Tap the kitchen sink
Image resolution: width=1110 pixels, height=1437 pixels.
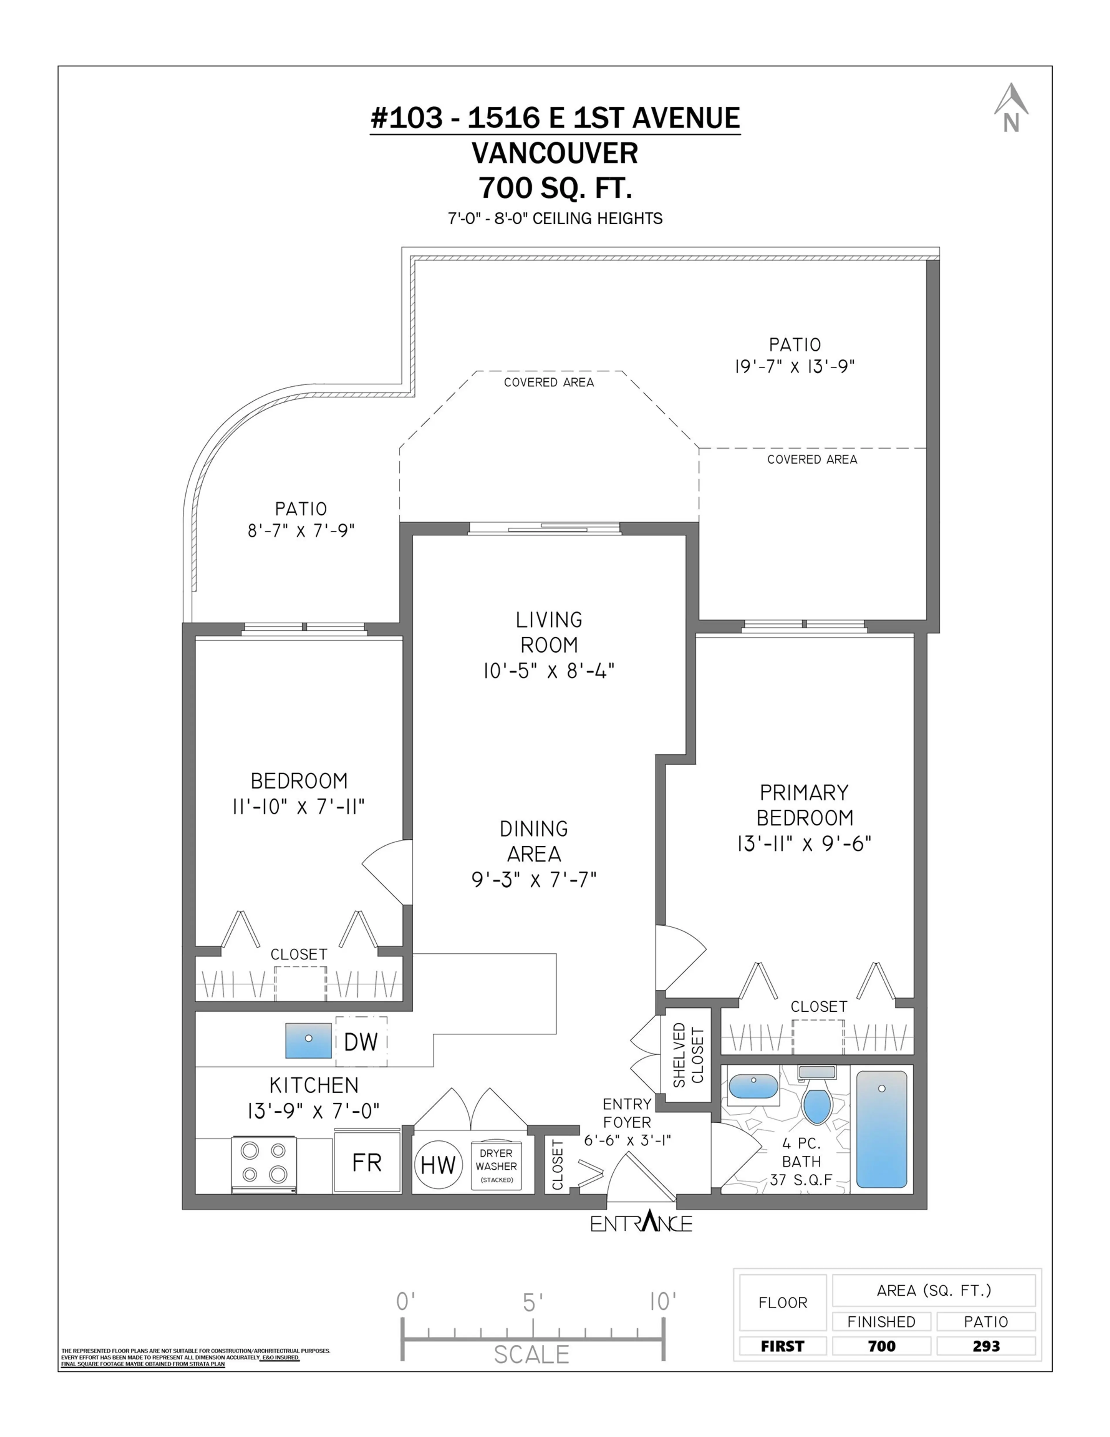pyautogui.click(x=308, y=1040)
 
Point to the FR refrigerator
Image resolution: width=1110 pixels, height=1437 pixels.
pyautogui.click(x=367, y=1163)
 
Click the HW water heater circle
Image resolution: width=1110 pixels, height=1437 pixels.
pyautogui.click(x=438, y=1165)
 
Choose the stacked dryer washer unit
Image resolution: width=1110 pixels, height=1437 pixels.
pyautogui.click(x=496, y=1165)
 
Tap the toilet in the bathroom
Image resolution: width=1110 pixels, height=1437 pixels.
pyautogui.click(x=817, y=1098)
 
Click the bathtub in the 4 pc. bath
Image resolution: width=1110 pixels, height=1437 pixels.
pyautogui.click(x=882, y=1128)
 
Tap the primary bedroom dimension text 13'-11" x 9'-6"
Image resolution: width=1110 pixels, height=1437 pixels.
pyautogui.click(x=804, y=843)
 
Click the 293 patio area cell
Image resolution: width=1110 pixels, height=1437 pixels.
pyautogui.click(x=986, y=1346)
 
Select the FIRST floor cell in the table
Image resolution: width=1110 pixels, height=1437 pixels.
pyautogui.click(x=782, y=1346)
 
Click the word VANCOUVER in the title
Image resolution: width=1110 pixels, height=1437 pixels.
pyautogui.click(x=555, y=153)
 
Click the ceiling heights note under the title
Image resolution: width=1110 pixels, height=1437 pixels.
pyautogui.click(x=555, y=219)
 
